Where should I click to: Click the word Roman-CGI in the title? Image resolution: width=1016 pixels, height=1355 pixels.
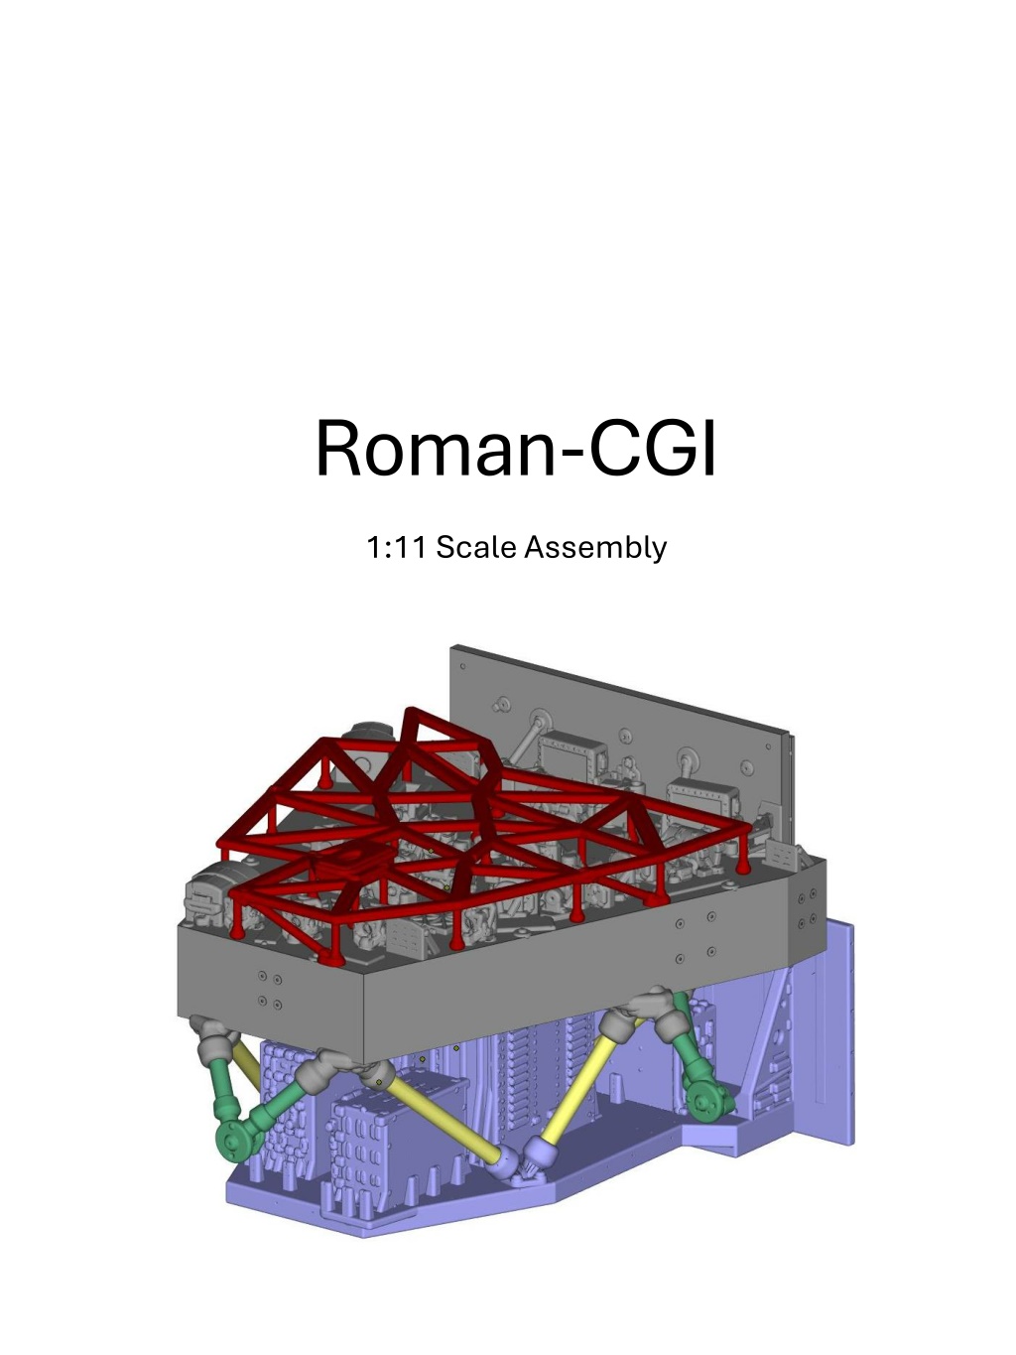tap(516, 449)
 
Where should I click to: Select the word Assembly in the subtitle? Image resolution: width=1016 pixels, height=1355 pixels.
tap(595, 548)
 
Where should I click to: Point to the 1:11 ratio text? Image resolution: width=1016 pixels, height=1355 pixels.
tap(397, 548)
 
